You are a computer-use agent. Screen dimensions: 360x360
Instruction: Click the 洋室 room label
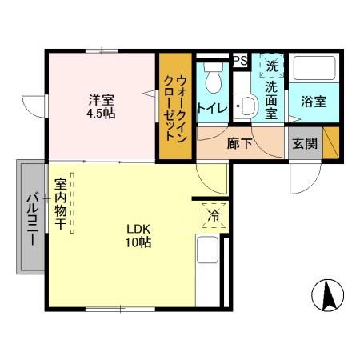(x=101, y=100)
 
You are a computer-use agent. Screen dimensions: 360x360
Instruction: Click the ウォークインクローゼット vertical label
(x=175, y=106)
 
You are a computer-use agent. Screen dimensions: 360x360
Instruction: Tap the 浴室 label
(x=313, y=102)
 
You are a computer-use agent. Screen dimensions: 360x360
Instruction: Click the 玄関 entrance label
(x=305, y=144)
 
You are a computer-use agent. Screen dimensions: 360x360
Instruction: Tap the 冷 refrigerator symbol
(x=214, y=214)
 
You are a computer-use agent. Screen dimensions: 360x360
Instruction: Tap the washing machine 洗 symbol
(x=272, y=65)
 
